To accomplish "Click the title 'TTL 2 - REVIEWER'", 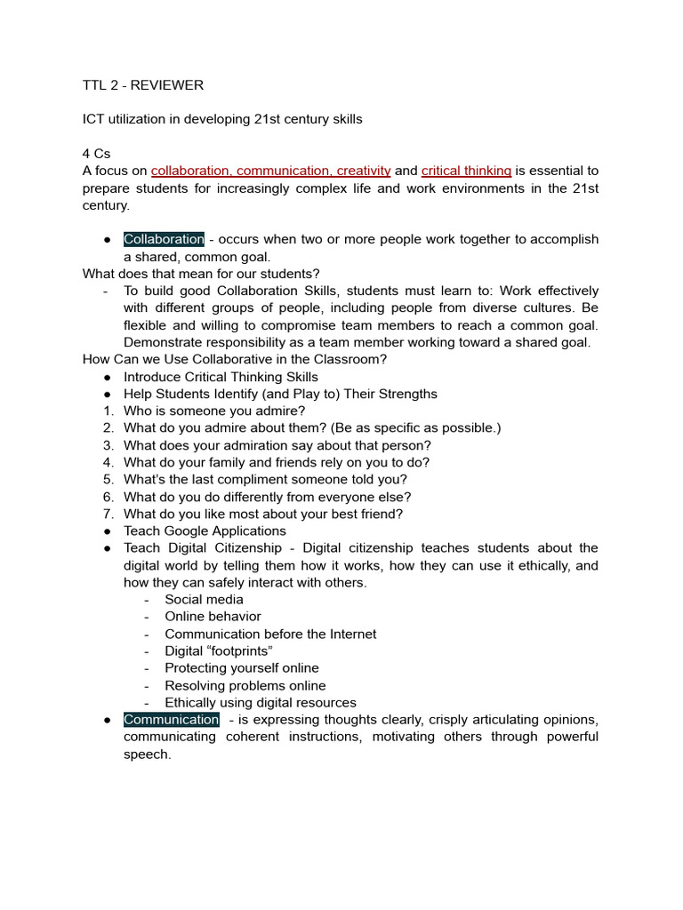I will pos(142,85).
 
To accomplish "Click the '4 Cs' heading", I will pos(96,154).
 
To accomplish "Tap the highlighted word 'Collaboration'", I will pos(164,239).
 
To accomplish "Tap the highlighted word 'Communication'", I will pos(171,719).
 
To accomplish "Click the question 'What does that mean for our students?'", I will pos(201,274).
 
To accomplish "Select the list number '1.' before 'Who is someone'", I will pos(108,411).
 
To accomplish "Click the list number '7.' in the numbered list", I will pos(108,514).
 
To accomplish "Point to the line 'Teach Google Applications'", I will pos(205,531).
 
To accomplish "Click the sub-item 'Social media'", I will pos(204,599).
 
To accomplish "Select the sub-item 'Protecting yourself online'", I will pos(241,667).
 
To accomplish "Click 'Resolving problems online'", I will pos(245,685).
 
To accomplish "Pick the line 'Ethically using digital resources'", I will pos(260,702).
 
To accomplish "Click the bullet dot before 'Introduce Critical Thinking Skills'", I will pos(107,377).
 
